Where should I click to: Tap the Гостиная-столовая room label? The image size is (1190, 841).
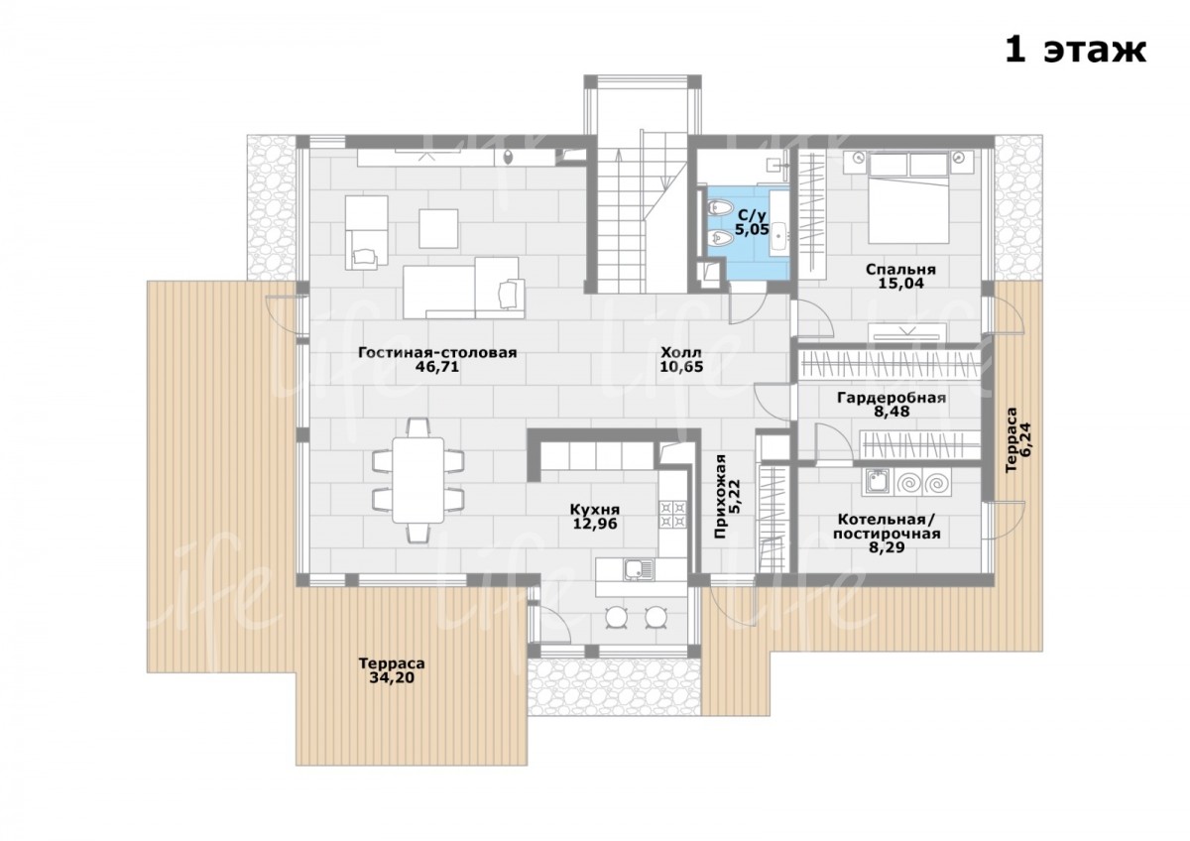(x=437, y=353)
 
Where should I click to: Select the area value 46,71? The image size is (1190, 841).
(x=436, y=367)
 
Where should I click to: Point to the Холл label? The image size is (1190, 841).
(x=681, y=352)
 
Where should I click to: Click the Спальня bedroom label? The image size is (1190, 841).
(x=900, y=270)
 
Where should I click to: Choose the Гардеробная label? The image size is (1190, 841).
(x=892, y=398)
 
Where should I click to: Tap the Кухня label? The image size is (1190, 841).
(x=594, y=510)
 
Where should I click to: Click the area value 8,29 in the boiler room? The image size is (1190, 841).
(x=887, y=547)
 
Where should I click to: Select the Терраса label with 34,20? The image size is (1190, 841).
(x=392, y=663)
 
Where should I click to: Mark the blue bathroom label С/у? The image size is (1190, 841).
(x=752, y=215)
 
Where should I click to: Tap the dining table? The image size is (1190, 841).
(x=418, y=480)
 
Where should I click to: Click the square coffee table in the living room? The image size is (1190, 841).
(x=438, y=228)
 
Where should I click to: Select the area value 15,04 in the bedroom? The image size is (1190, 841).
(x=900, y=284)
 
